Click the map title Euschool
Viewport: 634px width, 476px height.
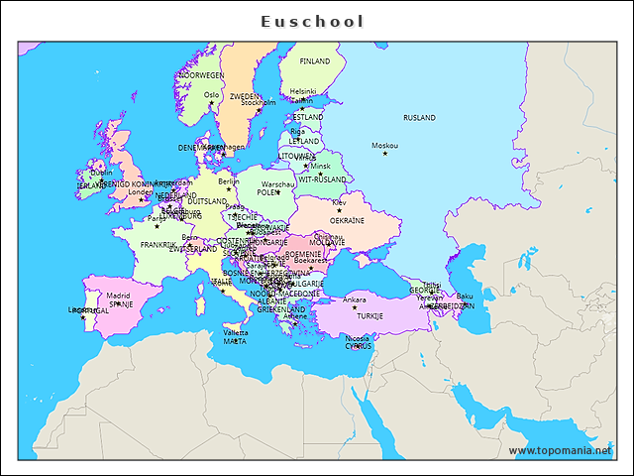[313, 21]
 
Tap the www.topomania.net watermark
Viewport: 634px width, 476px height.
[560, 450]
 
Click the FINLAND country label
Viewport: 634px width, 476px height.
[315, 61]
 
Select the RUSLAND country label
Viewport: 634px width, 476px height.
[419, 118]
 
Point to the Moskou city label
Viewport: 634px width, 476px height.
[384, 146]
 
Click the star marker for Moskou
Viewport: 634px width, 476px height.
[385, 154]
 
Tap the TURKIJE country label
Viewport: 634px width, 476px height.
[370, 315]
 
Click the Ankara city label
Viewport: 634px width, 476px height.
[354, 299]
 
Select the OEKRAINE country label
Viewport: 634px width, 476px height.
[347, 221]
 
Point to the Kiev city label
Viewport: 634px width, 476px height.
[339, 202]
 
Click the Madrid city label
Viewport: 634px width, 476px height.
[118, 295]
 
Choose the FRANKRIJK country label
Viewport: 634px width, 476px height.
[158, 244]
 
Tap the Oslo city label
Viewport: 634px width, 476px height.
[211, 95]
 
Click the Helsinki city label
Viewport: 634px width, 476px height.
[303, 91]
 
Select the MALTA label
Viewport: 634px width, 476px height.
[235, 341]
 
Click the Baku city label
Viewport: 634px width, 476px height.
[465, 297]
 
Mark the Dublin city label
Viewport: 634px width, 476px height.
[101, 172]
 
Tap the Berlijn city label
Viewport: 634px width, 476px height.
[229, 181]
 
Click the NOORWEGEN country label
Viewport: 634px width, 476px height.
[201, 75]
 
